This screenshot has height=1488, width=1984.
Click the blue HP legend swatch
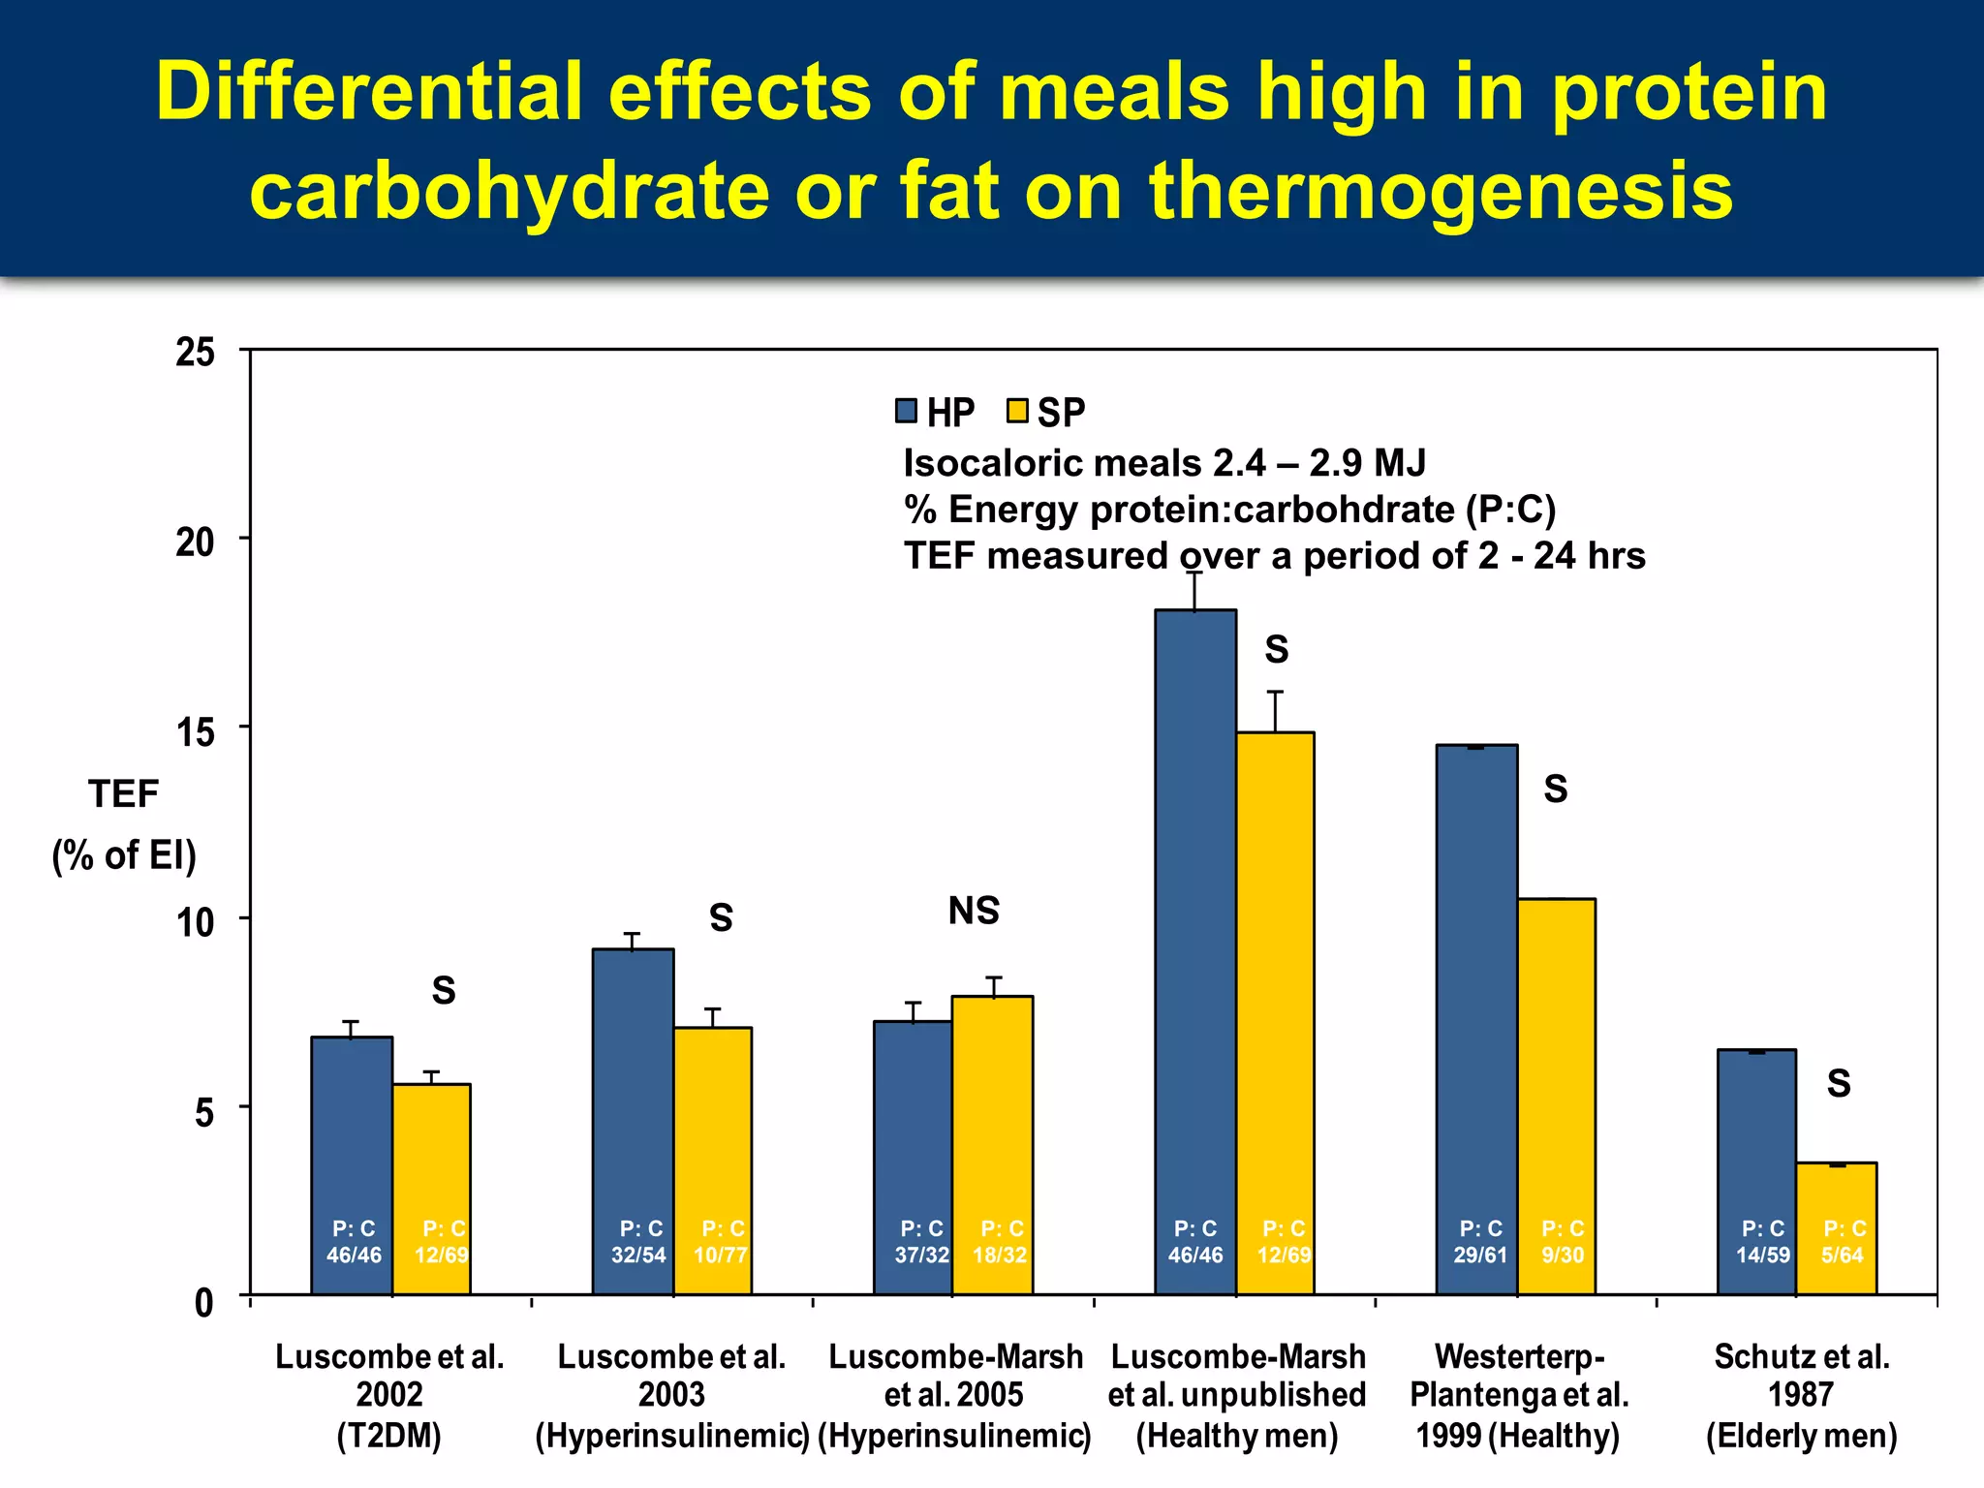click(906, 411)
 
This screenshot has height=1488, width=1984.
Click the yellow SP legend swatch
click(1016, 411)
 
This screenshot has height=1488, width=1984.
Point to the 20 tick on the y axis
click(195, 542)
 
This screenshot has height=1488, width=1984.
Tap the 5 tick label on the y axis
click(203, 1112)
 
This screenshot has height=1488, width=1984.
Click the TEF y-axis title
click(123, 794)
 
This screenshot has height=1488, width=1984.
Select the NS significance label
click(974, 911)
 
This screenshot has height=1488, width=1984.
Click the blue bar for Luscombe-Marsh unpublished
click(1195, 920)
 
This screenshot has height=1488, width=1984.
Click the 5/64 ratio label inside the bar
click(1842, 1255)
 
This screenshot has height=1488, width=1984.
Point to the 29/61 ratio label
click(1480, 1255)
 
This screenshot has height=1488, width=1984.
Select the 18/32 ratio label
click(1000, 1255)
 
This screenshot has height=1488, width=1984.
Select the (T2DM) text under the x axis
click(388, 1435)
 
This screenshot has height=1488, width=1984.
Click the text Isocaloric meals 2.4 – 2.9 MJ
click(1164, 463)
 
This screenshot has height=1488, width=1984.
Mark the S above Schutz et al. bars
click(1839, 1083)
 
